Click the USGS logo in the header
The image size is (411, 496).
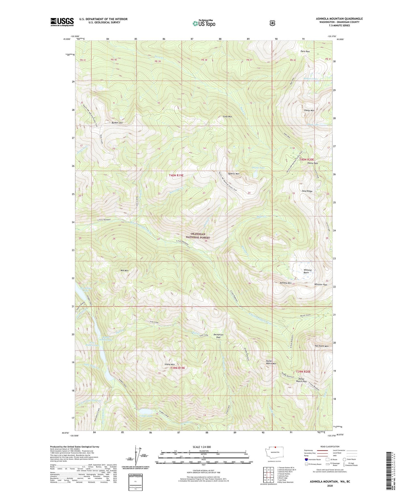62,22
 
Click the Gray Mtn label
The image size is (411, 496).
228,116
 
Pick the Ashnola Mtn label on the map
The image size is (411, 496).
286,283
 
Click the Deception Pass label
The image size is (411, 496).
218,336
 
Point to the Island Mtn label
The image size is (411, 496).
170,364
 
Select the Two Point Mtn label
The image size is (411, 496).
321,346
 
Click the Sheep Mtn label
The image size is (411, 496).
309,110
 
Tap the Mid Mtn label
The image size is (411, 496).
124,270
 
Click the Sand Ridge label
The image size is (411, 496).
307,191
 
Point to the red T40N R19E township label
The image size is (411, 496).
176,176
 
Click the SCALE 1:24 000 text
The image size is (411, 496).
202,447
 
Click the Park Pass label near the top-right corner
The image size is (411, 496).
305,51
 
